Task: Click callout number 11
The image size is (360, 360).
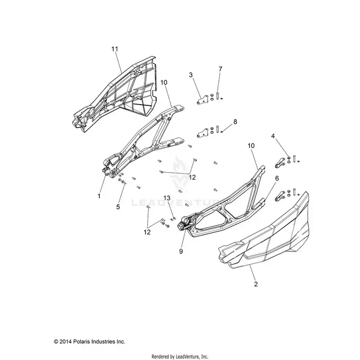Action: [115, 49]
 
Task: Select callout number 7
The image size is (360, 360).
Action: [220, 69]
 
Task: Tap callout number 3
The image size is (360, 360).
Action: [191, 75]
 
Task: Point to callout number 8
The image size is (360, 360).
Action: [235, 121]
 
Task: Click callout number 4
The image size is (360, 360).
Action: [273, 136]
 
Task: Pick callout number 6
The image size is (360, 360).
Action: [277, 178]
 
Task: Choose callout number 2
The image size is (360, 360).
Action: [256, 284]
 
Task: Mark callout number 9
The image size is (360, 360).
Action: [181, 251]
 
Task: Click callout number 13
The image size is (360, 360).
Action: [167, 198]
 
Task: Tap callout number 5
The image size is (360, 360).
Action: [118, 207]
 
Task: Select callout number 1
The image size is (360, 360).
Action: [99, 196]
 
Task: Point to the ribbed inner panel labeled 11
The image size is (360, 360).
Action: [115, 96]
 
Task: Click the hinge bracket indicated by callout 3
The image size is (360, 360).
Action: [202, 100]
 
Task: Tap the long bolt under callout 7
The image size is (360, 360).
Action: [218, 96]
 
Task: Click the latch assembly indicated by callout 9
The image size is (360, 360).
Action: [185, 223]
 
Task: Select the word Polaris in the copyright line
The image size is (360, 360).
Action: [82, 341]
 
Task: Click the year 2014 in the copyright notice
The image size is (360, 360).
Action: [66, 341]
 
